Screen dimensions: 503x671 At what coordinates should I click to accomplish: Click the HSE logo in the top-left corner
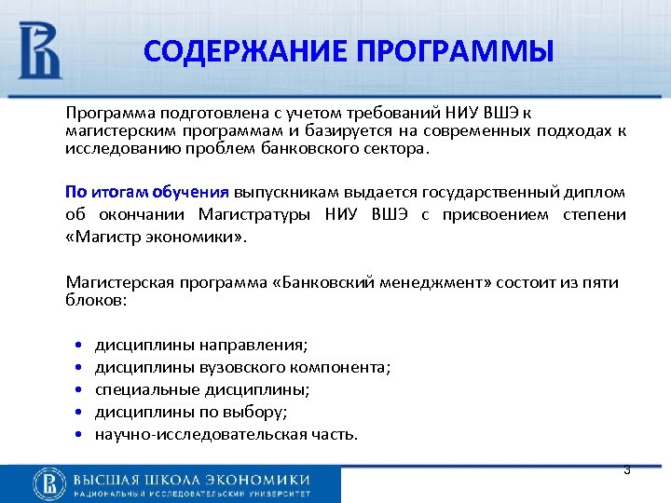(39, 48)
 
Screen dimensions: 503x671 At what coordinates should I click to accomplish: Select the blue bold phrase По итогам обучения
(146, 192)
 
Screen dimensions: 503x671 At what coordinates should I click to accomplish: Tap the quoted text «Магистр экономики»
(157, 237)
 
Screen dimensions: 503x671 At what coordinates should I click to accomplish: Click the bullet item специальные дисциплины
(202, 389)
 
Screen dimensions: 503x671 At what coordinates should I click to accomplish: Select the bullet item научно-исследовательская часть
(226, 434)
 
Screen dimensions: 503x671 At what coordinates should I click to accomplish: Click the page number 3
(627, 470)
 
